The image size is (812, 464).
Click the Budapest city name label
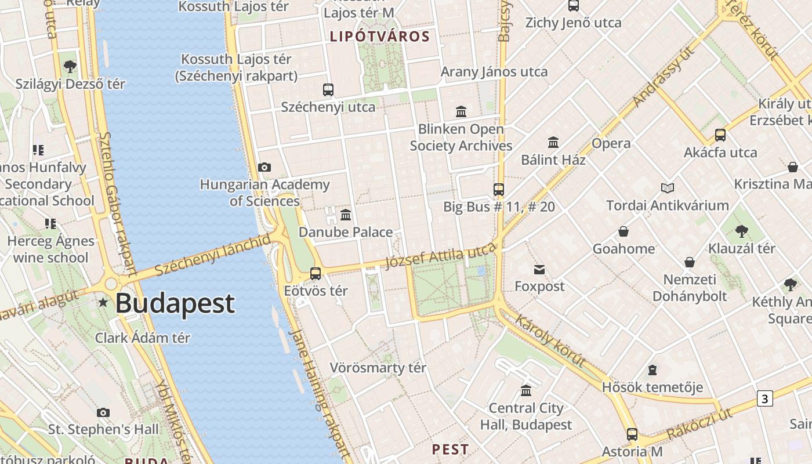175,303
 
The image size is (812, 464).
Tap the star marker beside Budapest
103,302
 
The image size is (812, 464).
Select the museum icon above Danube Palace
346,215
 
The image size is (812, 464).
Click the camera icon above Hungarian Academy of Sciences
264,168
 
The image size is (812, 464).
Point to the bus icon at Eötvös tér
316,273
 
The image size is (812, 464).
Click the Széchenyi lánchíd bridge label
213,255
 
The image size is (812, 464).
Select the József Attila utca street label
441,256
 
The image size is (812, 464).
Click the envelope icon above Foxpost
539,269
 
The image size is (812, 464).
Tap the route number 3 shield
765,398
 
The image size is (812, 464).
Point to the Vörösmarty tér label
378,368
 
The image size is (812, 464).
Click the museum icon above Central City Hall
526,390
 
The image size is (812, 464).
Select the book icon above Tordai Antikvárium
668,188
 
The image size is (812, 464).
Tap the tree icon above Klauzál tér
741,231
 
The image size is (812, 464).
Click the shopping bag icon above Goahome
623,231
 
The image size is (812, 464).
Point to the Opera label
611,143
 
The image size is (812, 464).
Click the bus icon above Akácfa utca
720,135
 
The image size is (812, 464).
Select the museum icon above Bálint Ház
553,142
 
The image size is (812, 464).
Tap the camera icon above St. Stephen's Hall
103,412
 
